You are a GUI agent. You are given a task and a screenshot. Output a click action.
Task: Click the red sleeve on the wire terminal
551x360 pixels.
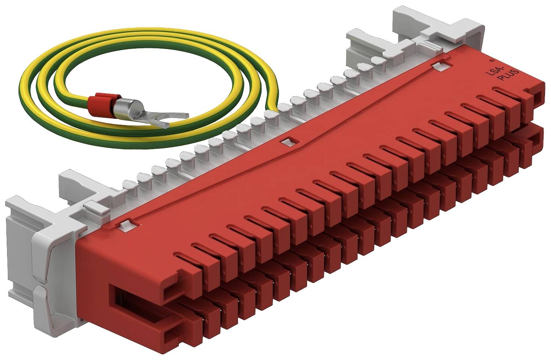point(102,104)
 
